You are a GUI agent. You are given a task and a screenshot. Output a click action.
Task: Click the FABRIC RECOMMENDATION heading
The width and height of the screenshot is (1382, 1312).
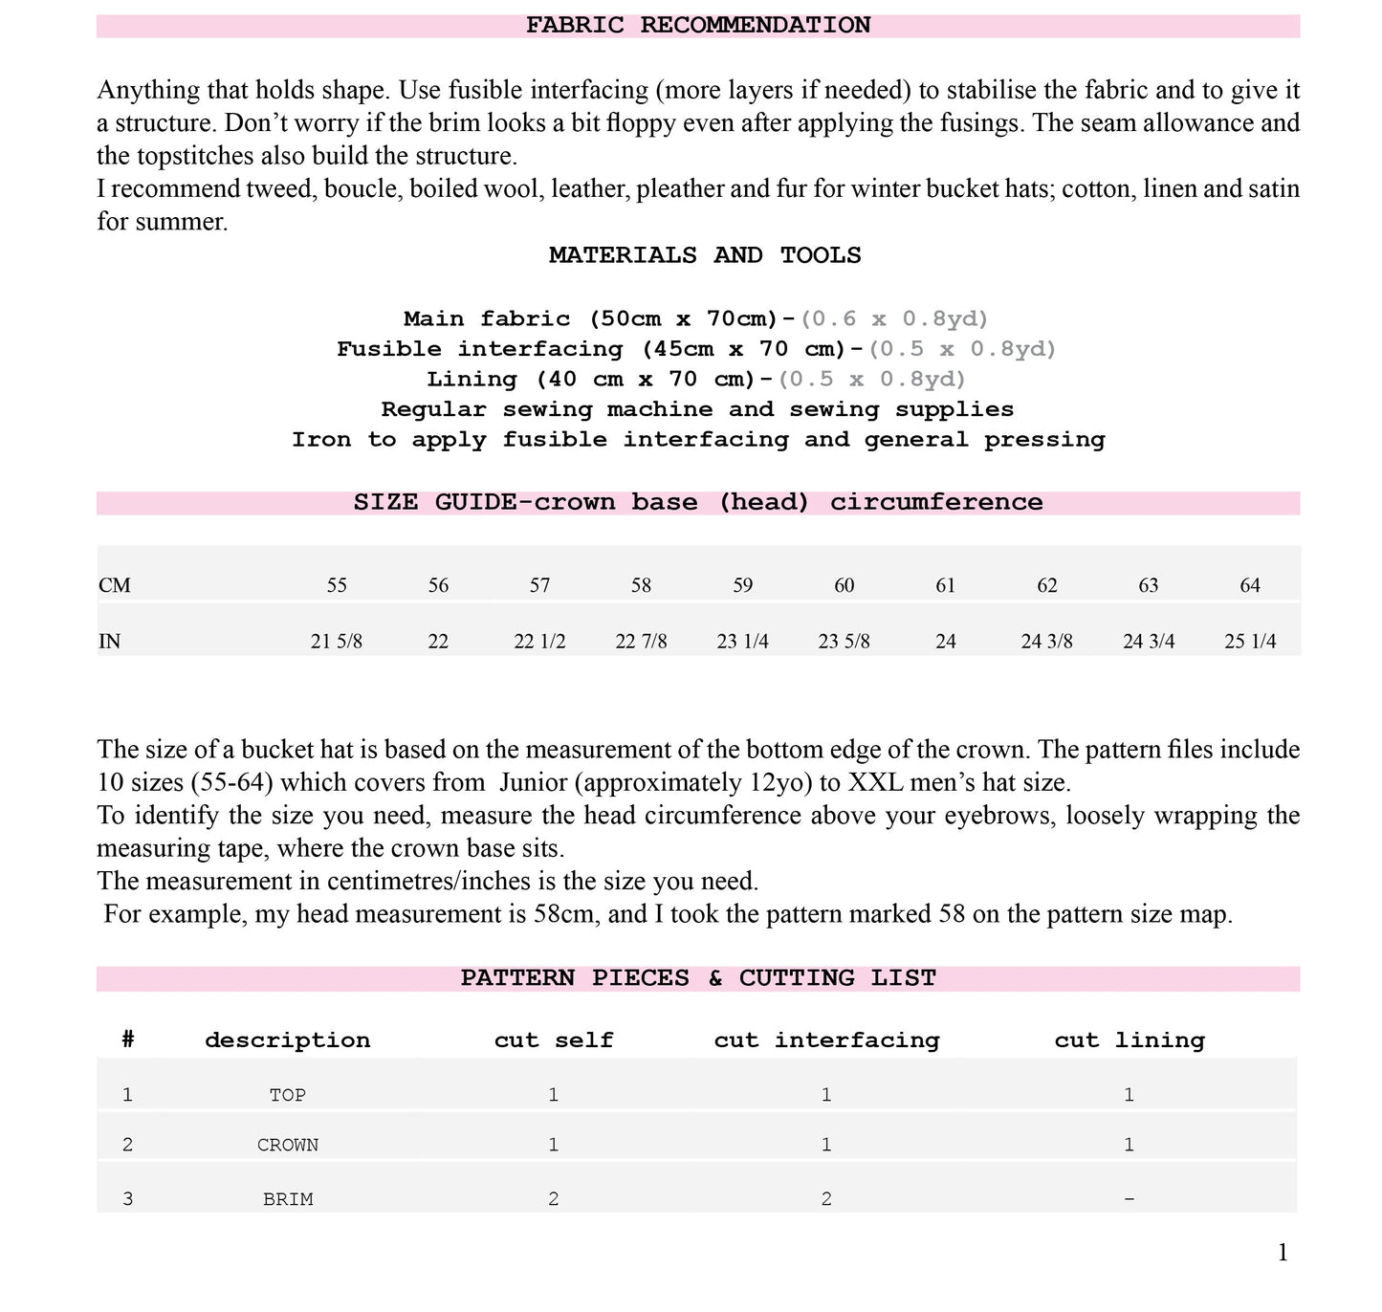click(698, 26)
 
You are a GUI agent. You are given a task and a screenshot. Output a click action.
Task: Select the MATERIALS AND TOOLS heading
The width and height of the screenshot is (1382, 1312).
click(705, 255)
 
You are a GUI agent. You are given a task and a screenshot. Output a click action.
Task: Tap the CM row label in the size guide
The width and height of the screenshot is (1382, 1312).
click(115, 585)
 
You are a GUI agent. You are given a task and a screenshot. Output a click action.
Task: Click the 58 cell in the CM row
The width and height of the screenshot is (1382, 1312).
click(641, 585)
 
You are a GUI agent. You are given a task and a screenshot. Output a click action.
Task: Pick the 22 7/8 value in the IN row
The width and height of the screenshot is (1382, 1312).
click(641, 642)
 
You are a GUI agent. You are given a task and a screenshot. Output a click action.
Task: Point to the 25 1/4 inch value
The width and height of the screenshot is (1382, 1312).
click(1250, 642)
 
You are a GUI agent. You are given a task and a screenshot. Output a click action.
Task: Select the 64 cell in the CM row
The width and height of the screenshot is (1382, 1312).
click(1250, 585)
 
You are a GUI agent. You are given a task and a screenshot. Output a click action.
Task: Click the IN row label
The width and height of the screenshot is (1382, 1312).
click(110, 642)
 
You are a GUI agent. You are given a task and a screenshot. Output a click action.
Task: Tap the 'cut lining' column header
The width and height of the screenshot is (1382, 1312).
click(1130, 1040)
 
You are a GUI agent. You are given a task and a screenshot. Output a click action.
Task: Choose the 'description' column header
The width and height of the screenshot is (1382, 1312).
click(288, 1040)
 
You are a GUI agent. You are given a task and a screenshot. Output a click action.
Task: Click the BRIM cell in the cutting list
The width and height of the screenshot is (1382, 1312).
click(288, 1199)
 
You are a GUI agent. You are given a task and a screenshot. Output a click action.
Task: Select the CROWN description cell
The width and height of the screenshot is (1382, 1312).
click(288, 1145)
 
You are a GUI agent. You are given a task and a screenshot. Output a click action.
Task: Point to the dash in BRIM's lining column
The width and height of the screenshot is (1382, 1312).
click(1130, 1199)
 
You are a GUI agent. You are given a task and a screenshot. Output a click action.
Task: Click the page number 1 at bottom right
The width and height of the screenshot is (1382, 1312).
click(1283, 1253)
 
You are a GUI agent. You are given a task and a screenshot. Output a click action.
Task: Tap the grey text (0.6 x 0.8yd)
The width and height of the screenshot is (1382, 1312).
click(894, 318)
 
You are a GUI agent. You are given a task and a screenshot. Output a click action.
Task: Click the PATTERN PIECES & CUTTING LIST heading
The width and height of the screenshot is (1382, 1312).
click(698, 978)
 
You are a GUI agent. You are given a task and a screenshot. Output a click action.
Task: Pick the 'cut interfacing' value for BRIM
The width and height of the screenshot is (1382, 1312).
click(826, 1199)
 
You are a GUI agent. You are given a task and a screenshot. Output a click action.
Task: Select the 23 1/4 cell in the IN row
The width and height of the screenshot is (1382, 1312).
click(742, 642)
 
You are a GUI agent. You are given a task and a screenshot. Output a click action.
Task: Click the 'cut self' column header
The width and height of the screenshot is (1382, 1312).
click(554, 1040)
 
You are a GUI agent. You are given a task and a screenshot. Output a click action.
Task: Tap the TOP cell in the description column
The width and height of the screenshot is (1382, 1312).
click(288, 1095)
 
